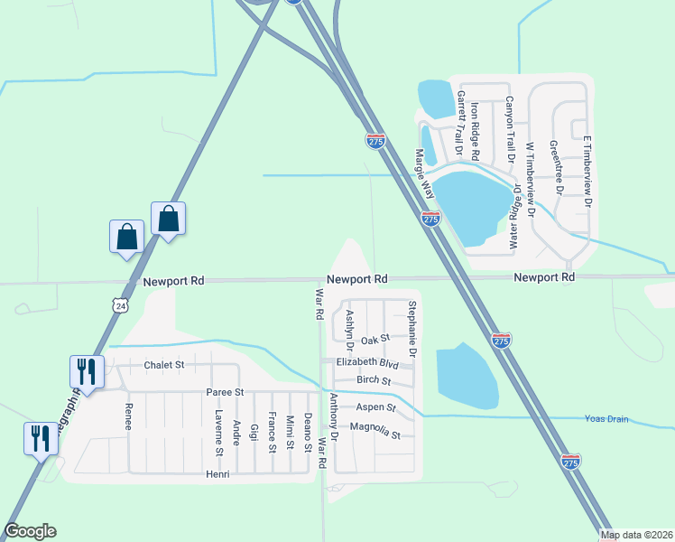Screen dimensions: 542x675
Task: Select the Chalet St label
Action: [163, 366]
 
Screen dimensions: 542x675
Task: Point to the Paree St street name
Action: [226, 393]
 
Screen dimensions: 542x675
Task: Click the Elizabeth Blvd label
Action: [367, 362]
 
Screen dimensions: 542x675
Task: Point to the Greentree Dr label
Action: [556, 167]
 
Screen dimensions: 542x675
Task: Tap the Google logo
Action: [30, 531]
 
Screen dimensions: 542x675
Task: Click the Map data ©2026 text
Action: [636, 535]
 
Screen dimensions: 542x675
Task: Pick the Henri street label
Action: [218, 474]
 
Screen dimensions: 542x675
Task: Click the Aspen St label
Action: [376, 408]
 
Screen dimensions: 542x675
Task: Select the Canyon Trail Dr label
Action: [510, 128]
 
